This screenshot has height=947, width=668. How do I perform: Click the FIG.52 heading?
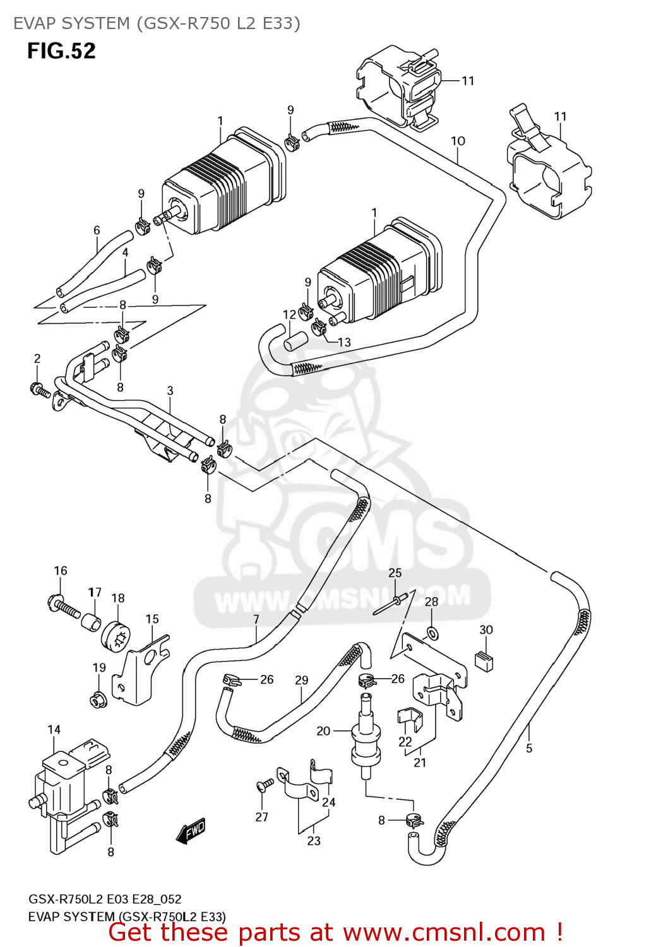(x=61, y=51)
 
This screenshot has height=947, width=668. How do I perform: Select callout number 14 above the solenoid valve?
(x=54, y=730)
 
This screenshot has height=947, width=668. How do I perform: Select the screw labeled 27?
(x=265, y=785)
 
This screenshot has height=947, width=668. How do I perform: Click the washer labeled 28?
(x=431, y=632)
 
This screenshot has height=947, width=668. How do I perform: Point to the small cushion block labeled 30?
(x=484, y=660)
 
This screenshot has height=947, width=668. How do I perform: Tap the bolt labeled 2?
(x=40, y=390)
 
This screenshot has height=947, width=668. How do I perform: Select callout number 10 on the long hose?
(x=458, y=141)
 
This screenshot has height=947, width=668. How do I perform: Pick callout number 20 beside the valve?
(x=323, y=731)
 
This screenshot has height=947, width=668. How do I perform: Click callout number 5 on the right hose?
(x=529, y=748)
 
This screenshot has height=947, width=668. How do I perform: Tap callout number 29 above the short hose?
(x=302, y=680)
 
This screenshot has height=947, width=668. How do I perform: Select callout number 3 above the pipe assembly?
(x=170, y=391)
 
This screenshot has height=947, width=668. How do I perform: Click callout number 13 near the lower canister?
(x=344, y=342)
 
